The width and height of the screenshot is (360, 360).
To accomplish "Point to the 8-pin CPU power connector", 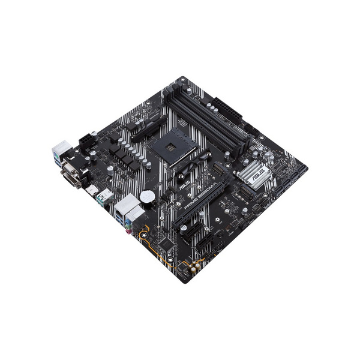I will click(x=85, y=140).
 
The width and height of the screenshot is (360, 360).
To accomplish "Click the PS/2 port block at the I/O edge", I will click(x=61, y=150).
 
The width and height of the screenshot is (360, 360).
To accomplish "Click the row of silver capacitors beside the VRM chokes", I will click(x=135, y=159).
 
